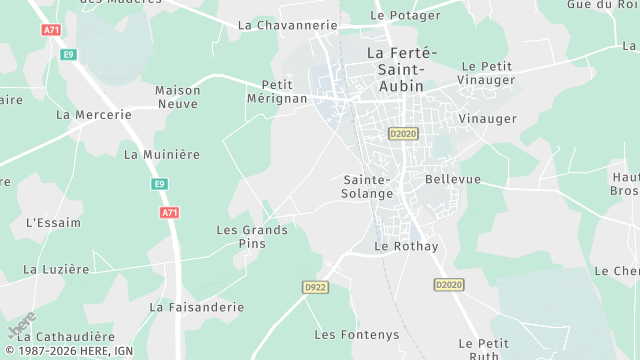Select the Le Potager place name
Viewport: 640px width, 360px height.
[404, 15]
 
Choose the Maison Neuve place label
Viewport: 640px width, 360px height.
[178, 96]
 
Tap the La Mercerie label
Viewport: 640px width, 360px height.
[94, 115]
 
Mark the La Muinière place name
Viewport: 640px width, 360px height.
[162, 155]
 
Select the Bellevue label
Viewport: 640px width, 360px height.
[453, 179]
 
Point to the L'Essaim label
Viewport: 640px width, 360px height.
[53, 222]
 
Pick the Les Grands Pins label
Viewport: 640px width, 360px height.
[252, 237]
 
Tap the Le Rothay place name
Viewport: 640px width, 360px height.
[406, 246]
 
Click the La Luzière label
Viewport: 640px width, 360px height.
[56, 269]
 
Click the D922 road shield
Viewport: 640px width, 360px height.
[316, 287]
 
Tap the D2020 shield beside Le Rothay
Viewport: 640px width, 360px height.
[449, 285]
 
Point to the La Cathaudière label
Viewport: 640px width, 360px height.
[64, 337]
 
